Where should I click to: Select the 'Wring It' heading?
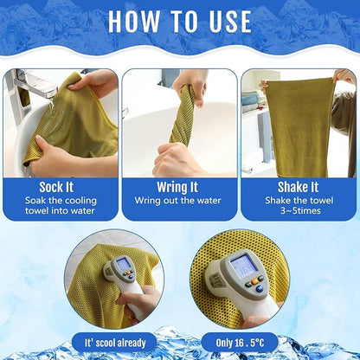click(179, 186)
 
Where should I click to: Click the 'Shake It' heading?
click(299, 186)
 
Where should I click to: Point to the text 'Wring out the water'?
click(178, 201)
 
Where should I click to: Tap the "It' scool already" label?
click(113, 343)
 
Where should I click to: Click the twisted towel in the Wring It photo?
click(184, 117)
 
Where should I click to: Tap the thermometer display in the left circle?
click(124, 264)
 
